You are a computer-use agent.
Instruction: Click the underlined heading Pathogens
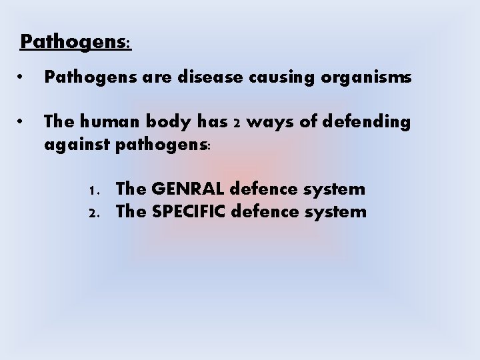click(x=75, y=42)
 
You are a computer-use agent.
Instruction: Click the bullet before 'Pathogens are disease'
click(x=23, y=79)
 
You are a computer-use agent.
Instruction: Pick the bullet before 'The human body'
click(x=23, y=122)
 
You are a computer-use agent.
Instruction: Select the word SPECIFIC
click(x=190, y=212)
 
